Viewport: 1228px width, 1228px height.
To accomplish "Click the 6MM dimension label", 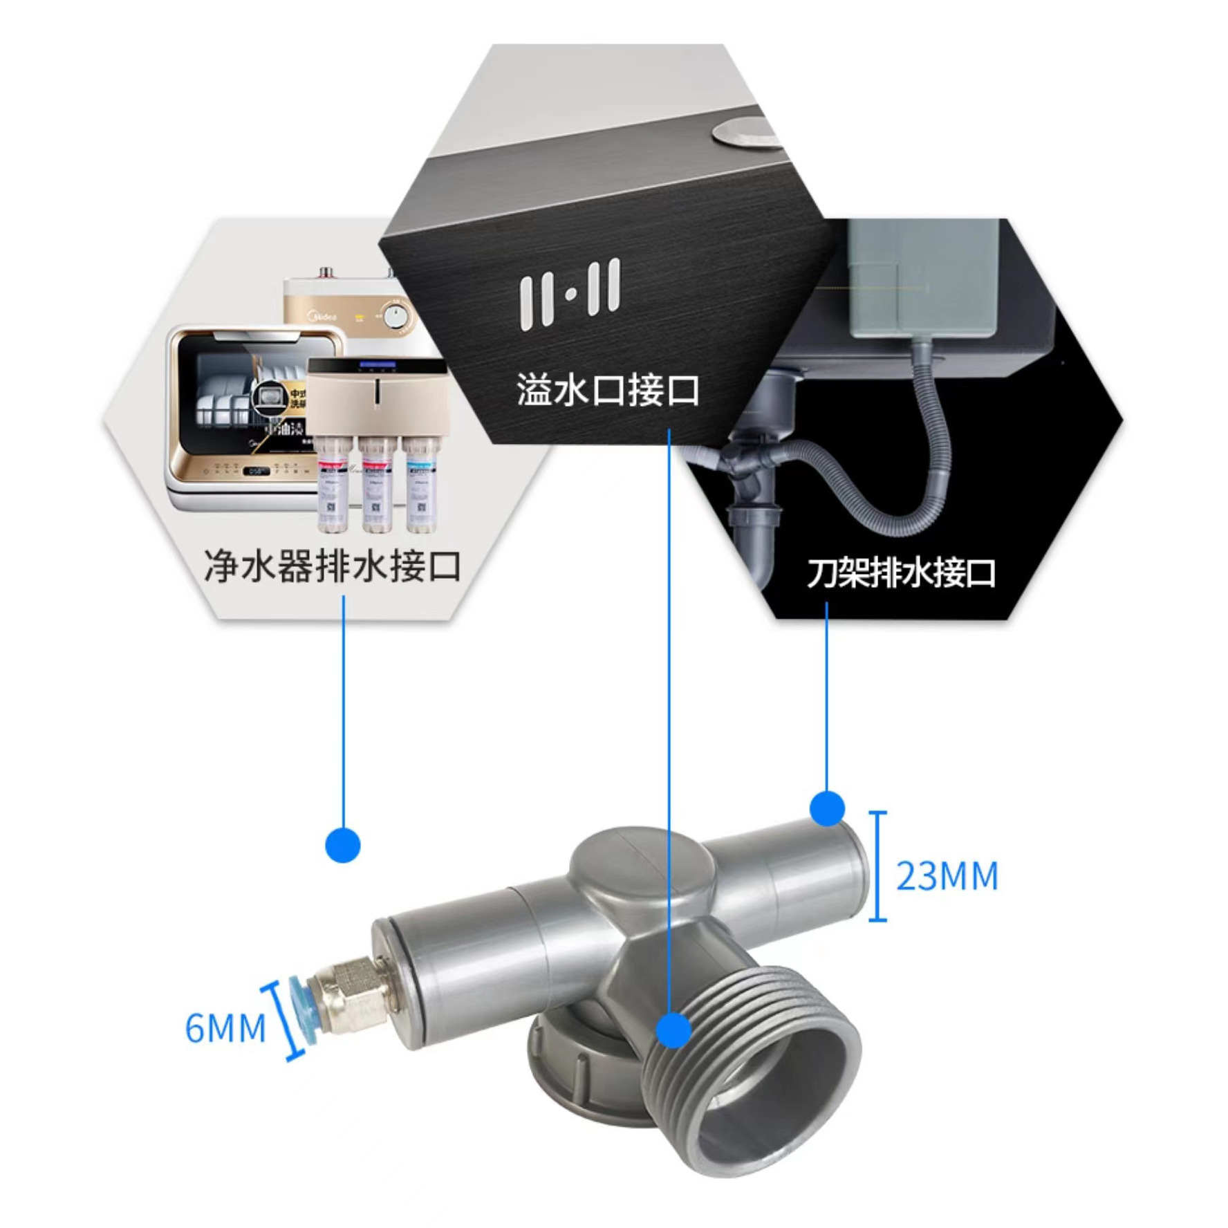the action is point(225,1027).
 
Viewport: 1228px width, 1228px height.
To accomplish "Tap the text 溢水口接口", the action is point(608,389).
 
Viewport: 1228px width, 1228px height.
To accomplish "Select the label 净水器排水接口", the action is point(333,566).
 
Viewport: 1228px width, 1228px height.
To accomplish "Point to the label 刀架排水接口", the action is point(901,573).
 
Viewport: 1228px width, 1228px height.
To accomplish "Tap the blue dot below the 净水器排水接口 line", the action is point(343,844).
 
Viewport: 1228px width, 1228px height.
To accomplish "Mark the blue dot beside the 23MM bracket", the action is point(827,808).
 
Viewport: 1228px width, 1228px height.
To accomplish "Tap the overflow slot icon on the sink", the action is point(570,293).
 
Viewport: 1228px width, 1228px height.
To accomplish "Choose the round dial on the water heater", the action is point(396,317).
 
